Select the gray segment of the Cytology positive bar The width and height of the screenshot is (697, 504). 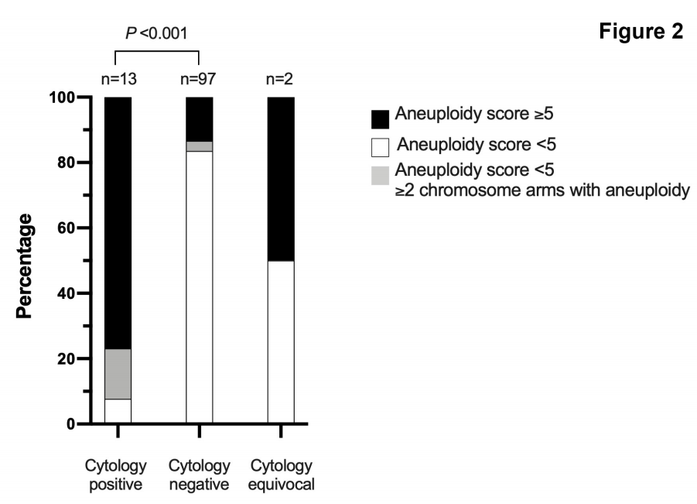pos(118,374)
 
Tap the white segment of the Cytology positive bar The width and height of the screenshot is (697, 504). pos(118,411)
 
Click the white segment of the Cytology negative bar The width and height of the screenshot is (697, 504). pos(200,287)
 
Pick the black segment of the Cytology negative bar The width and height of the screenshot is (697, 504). pos(200,119)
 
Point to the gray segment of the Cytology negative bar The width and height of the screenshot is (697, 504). pos(200,146)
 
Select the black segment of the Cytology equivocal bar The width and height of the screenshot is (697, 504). pos(281,179)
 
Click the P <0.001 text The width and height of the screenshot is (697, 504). pos(157,33)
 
